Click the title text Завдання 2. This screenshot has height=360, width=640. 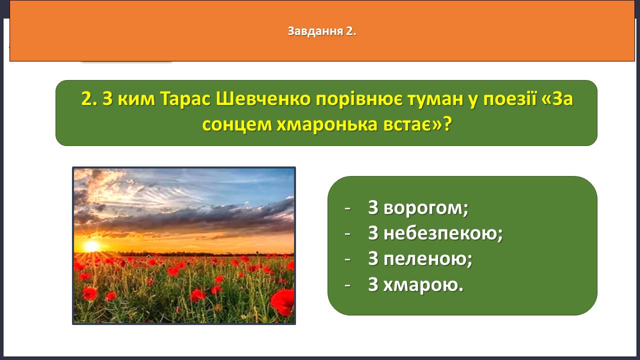pyautogui.click(x=322, y=31)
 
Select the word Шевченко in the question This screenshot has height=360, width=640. pyautogui.click(x=263, y=99)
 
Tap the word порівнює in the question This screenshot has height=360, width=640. pyautogui.click(x=359, y=99)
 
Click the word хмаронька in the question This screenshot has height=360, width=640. pyautogui.click(x=327, y=125)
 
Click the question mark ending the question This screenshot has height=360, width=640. pyautogui.click(x=447, y=124)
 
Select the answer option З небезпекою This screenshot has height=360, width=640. pyautogui.click(x=435, y=233)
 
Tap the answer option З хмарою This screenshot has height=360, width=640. pyautogui.click(x=415, y=284)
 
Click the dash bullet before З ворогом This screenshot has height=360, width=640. pyautogui.click(x=347, y=208)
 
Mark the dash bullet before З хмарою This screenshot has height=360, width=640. pyautogui.click(x=347, y=285)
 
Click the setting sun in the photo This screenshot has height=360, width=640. pyautogui.click(x=91, y=246)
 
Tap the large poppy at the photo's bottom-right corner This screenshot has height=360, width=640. pyautogui.click(x=283, y=302)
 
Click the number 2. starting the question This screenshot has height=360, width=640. pyautogui.click(x=89, y=99)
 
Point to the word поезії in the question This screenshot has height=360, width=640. pyautogui.click(x=509, y=99)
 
